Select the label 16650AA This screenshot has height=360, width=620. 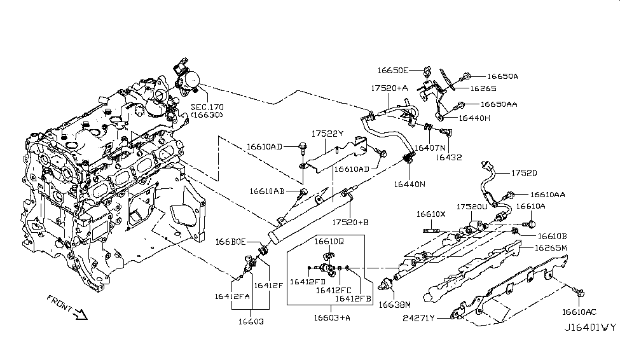(499, 104)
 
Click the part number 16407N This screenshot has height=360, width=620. (429, 147)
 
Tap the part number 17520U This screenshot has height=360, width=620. (472, 207)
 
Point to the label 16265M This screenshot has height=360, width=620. (551, 248)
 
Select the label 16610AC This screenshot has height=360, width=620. (579, 312)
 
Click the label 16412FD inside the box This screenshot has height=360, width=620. (308, 281)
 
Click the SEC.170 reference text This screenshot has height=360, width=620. (207, 108)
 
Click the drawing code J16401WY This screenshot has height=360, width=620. (589, 328)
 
